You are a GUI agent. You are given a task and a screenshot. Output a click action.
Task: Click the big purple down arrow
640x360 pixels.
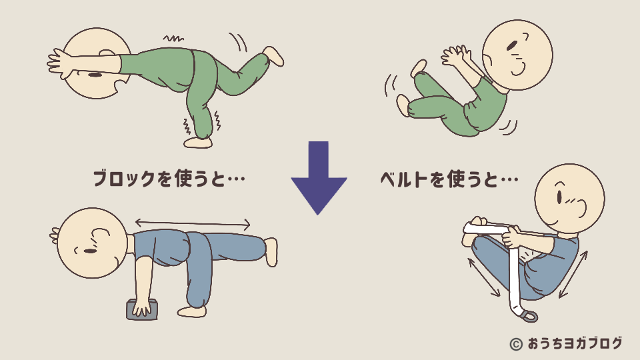(x=319, y=177)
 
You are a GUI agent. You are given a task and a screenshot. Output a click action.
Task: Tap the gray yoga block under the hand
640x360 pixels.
(x=142, y=309)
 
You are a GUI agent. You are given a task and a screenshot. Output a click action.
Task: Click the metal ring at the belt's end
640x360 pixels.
(x=528, y=317)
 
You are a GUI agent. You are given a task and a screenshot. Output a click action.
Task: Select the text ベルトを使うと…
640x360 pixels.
(x=449, y=179)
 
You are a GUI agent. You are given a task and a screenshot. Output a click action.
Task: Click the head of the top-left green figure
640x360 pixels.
(x=100, y=63)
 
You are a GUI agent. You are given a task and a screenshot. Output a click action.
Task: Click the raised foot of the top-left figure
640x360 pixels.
(x=273, y=55)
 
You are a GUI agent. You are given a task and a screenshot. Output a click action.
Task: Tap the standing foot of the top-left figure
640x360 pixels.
(x=198, y=142)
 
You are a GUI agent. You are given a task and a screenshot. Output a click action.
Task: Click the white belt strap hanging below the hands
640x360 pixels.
(x=515, y=280)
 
